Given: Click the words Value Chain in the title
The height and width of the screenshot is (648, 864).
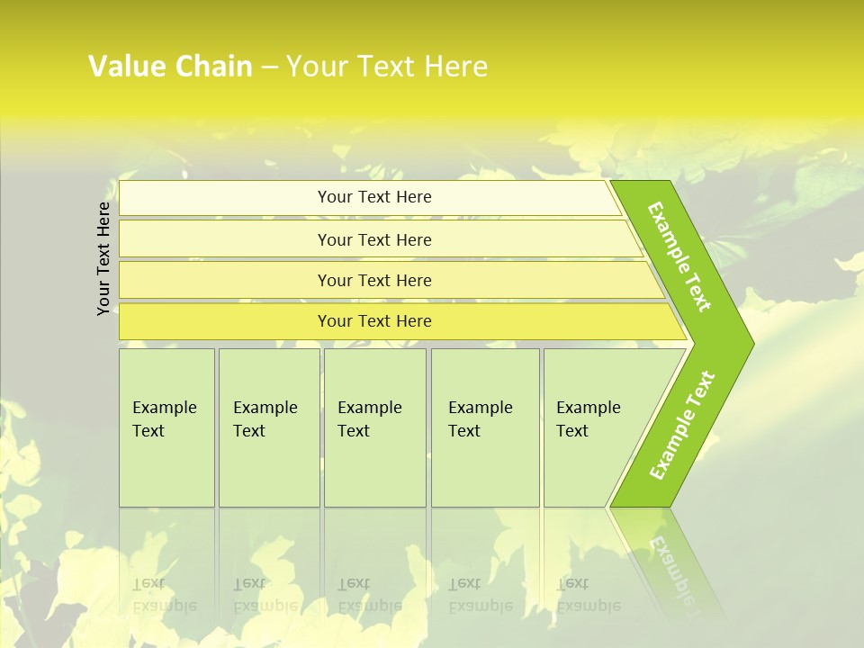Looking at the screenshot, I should click(x=170, y=67).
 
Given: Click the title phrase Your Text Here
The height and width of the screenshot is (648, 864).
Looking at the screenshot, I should click(x=387, y=67).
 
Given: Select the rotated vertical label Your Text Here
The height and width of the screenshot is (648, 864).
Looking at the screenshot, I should click(x=104, y=258).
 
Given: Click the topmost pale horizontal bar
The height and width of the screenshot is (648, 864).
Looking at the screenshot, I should click(x=225, y=198).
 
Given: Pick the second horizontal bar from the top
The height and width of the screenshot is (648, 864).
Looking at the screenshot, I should click(x=225, y=239).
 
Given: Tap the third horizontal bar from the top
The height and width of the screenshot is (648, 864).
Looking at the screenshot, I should click(x=225, y=280).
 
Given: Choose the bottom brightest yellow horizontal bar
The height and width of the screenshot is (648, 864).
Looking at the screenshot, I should click(x=225, y=321).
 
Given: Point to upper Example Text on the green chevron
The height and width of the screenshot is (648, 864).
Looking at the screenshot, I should click(x=679, y=256).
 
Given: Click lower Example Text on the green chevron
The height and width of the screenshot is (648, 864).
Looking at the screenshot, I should click(x=682, y=426).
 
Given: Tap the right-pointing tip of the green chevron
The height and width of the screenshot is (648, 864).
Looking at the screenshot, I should click(x=747, y=343).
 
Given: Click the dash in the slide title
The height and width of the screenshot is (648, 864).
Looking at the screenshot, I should click(x=269, y=67).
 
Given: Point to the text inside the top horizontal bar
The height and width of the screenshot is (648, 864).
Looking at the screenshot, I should click(x=374, y=197).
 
